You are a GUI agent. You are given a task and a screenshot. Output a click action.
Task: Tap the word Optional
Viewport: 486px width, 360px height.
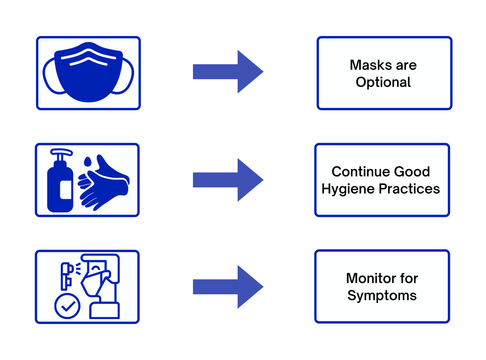coord(383,83)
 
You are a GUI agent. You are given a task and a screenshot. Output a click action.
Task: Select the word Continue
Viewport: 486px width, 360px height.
coord(360,171)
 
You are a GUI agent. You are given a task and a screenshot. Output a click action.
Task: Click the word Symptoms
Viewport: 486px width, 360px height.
coord(382,296)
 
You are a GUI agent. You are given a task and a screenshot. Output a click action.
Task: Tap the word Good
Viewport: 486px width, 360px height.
coord(412,171)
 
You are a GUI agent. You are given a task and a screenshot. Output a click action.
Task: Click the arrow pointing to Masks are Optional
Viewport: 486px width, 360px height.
coord(228,72)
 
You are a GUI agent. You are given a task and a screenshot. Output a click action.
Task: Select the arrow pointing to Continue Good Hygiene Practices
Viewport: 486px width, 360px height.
coord(228,180)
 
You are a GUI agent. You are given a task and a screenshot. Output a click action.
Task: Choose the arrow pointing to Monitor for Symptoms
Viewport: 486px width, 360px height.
coord(228,287)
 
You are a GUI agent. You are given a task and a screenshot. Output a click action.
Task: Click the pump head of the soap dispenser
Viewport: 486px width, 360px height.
coord(61,153)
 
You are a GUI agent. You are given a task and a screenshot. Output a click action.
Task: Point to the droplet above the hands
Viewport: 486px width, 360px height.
coord(88,162)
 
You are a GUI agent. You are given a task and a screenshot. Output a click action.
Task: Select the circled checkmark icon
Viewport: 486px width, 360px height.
coord(67,306)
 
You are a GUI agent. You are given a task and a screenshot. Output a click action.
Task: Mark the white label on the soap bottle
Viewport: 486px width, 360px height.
coord(66,189)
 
